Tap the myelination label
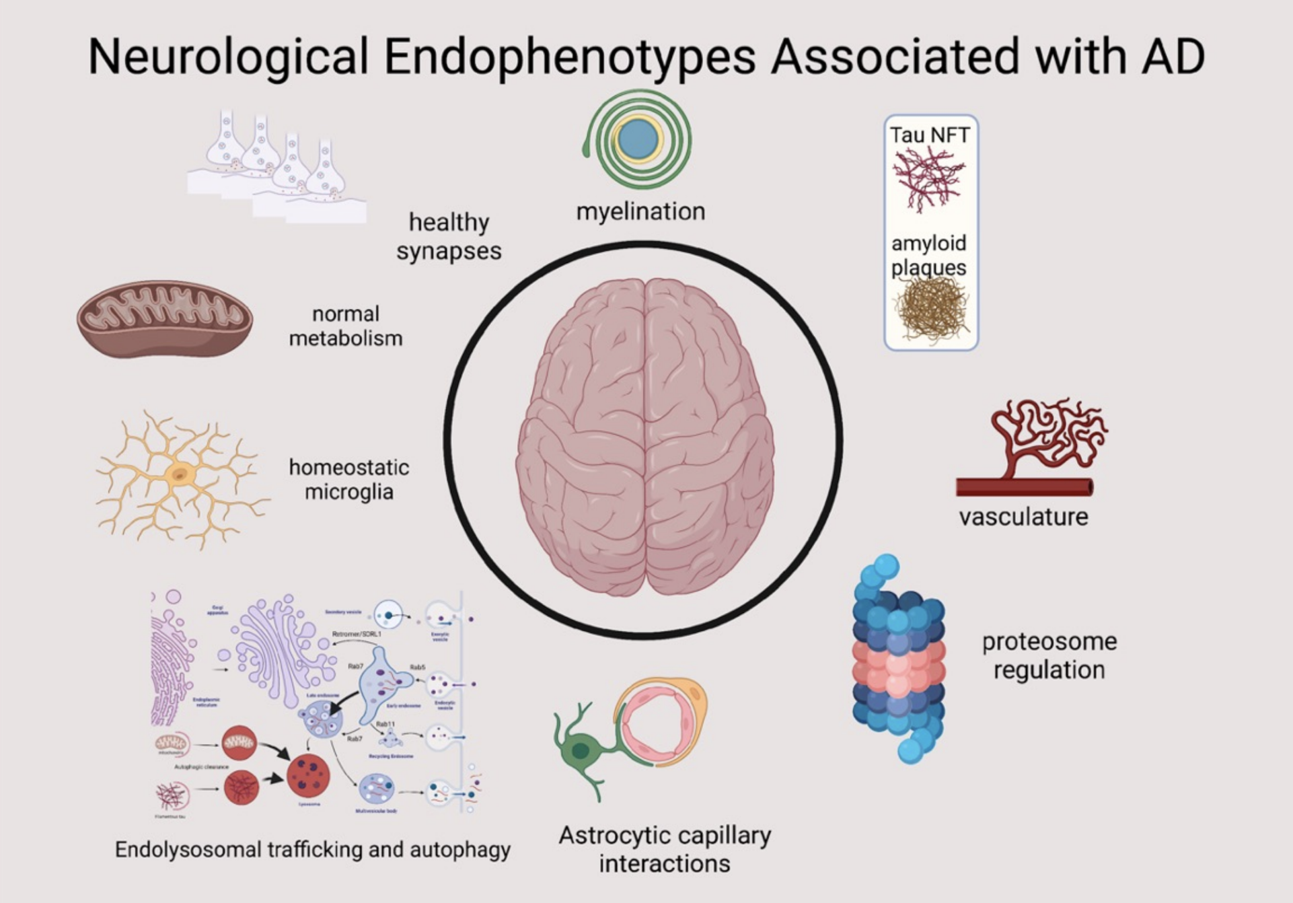coord(640,211)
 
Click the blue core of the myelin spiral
coord(638,139)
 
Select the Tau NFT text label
coord(930,135)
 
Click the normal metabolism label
coord(346,326)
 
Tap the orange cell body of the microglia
coord(179,474)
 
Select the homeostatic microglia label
coord(348,479)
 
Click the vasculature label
coord(1023,517)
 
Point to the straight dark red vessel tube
coord(1023,486)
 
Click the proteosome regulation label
coord(1049,655)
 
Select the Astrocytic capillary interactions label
coord(665,849)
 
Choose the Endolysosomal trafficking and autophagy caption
coord(313,849)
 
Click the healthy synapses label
coord(449,236)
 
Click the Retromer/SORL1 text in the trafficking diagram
coord(357,635)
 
